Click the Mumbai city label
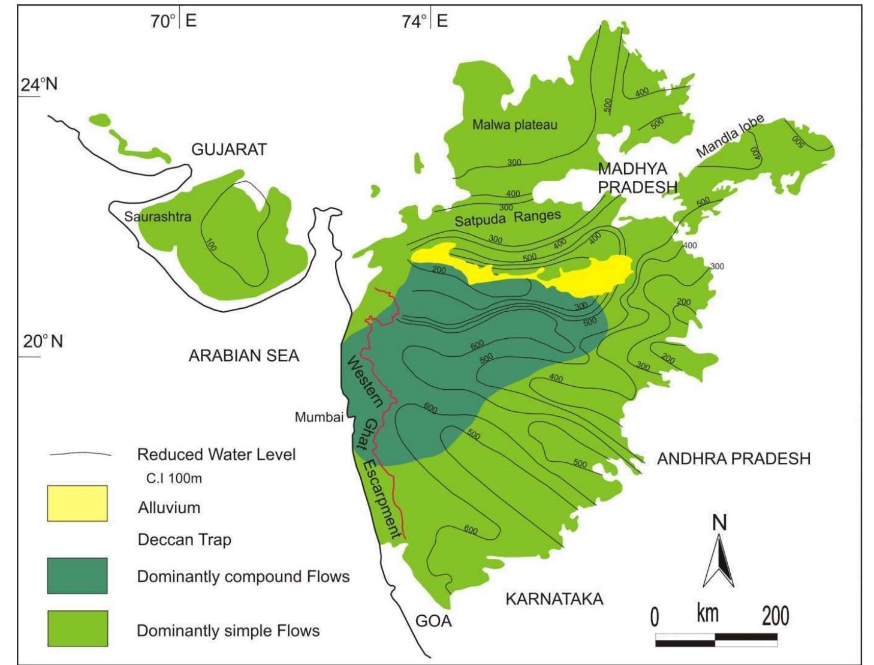click(x=319, y=417)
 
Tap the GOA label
click(x=433, y=621)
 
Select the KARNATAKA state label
click(x=554, y=599)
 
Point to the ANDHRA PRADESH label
click(x=733, y=459)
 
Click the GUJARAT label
click(x=229, y=149)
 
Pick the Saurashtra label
click(x=158, y=216)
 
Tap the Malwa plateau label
click(x=514, y=125)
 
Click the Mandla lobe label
click(x=730, y=136)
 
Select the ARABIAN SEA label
click(x=243, y=356)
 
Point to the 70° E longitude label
click(x=173, y=22)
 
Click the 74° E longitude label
click(x=425, y=22)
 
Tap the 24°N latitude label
click(x=40, y=85)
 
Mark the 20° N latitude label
click(x=43, y=342)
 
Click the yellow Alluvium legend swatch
click(x=77, y=503)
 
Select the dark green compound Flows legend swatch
click(x=77, y=575)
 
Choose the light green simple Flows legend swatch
click(x=77, y=628)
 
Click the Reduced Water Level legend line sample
click(x=80, y=455)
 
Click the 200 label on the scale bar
click(x=775, y=616)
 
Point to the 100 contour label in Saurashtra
click(x=211, y=245)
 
